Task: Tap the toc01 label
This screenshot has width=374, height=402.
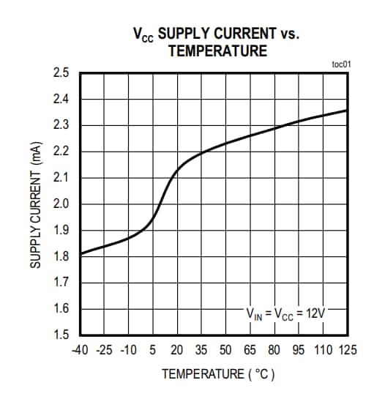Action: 341,64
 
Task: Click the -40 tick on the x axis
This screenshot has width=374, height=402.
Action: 80,349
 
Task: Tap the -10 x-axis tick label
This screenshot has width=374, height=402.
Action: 128,349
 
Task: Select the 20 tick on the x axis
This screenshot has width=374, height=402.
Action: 177,349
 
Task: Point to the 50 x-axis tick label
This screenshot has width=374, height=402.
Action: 225,349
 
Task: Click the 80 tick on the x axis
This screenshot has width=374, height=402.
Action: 274,349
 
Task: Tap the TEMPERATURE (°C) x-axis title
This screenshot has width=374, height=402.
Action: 218,374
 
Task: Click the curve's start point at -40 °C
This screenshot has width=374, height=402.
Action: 81,254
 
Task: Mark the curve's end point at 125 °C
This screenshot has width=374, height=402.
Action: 346,111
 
